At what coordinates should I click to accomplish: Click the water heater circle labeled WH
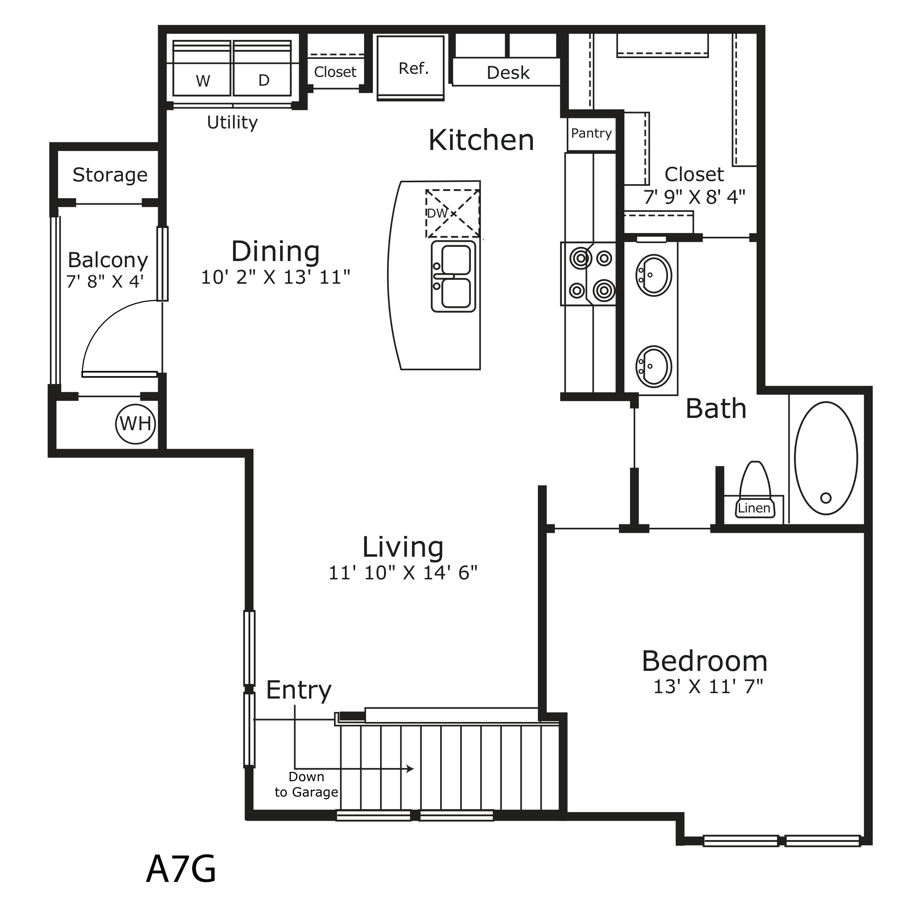(135, 424)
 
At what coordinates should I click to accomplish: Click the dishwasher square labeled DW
(453, 213)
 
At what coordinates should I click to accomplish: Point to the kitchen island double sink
(453, 276)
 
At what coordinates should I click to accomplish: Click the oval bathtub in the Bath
(826, 458)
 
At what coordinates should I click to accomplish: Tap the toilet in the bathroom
(755, 489)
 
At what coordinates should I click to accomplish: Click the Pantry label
(591, 133)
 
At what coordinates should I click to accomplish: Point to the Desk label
(508, 73)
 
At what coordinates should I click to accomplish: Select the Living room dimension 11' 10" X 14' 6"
(403, 572)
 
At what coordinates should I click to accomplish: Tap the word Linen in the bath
(754, 508)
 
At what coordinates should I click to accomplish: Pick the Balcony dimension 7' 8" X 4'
(105, 281)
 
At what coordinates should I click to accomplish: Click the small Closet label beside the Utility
(335, 72)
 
